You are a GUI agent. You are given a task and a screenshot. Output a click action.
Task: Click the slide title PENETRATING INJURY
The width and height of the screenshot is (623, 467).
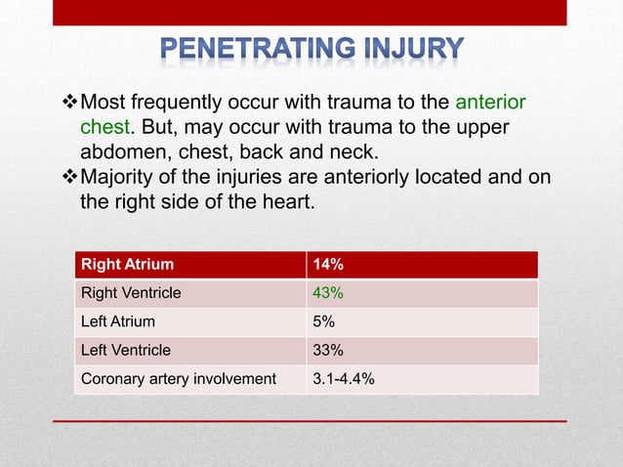(311, 49)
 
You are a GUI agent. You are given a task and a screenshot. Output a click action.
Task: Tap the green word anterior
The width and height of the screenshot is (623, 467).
(490, 103)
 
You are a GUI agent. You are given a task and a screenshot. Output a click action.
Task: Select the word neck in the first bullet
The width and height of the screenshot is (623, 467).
(354, 152)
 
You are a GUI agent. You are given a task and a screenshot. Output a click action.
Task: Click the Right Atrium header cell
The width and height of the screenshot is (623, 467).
(128, 264)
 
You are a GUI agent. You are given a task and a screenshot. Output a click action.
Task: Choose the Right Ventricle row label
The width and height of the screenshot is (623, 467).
(131, 292)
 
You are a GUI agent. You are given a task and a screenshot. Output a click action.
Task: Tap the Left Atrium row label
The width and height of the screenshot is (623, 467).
(118, 320)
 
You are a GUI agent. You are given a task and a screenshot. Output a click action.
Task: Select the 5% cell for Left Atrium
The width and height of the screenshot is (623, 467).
(321, 320)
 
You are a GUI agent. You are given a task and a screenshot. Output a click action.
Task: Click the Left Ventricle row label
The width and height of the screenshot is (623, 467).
(126, 350)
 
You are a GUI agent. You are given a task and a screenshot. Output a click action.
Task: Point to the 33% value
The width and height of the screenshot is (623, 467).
(326, 350)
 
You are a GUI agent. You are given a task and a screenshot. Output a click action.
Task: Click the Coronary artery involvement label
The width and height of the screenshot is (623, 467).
(179, 378)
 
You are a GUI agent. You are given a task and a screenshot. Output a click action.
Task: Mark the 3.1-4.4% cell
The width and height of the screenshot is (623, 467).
(342, 378)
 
